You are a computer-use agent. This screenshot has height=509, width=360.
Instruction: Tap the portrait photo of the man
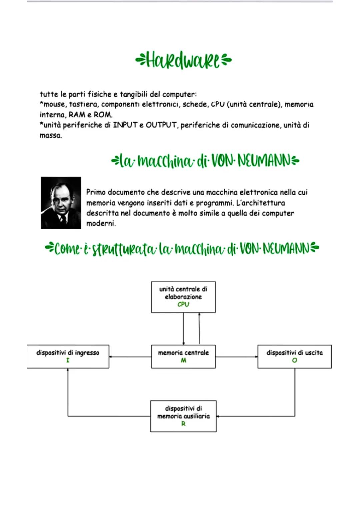61,203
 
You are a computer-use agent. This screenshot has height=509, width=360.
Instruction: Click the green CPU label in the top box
183,304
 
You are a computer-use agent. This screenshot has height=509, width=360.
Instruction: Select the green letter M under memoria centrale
183,360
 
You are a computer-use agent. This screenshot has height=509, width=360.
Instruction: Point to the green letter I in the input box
68,360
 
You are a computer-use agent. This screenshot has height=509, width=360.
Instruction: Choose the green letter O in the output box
294,360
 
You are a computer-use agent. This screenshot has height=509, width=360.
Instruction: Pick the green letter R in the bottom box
183,424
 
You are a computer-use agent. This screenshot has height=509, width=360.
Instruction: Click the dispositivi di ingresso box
68,356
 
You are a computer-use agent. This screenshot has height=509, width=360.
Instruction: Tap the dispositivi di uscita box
294,356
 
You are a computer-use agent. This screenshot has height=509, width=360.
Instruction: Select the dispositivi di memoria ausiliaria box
183,416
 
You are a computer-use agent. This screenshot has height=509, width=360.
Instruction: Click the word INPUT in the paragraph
125,125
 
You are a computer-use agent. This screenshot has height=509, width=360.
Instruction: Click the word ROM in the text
102,115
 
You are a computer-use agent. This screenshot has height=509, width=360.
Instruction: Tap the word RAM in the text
77,115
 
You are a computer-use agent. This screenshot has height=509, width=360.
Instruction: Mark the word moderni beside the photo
101,223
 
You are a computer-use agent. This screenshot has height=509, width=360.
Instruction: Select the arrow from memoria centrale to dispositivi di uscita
236,357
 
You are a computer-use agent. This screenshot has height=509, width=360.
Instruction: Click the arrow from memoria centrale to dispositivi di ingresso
130,357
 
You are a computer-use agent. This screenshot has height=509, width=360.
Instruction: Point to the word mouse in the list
54,104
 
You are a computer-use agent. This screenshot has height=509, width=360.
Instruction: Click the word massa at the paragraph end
50,136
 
